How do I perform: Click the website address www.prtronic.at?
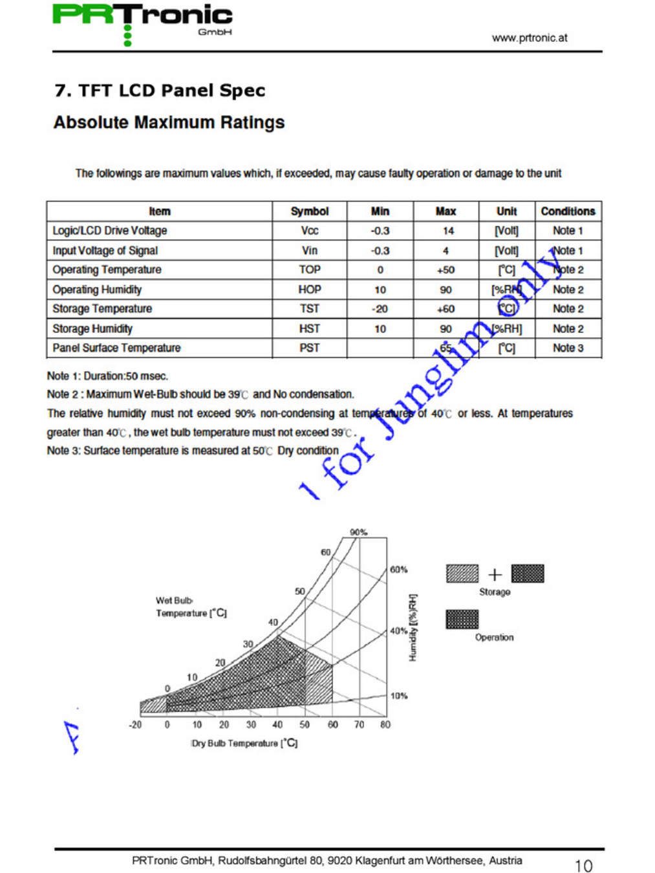[529, 38]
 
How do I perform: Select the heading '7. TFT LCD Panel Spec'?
[160, 91]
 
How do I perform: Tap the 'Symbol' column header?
[309, 211]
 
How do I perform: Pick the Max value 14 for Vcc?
[447, 231]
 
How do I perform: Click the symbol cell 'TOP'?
[309, 270]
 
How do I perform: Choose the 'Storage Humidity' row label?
[92, 329]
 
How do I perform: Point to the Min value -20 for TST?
[380, 309]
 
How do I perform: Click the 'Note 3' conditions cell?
[568, 348]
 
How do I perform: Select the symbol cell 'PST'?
[309, 348]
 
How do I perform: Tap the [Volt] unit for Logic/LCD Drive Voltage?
[506, 231]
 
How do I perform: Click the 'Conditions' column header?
[568, 211]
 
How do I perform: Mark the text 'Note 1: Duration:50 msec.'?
[107, 376]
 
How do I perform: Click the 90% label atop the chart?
[358, 532]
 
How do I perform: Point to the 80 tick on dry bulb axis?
[385, 725]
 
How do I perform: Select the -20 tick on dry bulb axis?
[135, 725]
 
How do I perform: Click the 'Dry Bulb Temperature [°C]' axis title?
[244, 744]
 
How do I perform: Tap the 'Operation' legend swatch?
[462, 620]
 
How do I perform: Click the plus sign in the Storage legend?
[495, 574]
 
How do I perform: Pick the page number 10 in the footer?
[583, 865]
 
